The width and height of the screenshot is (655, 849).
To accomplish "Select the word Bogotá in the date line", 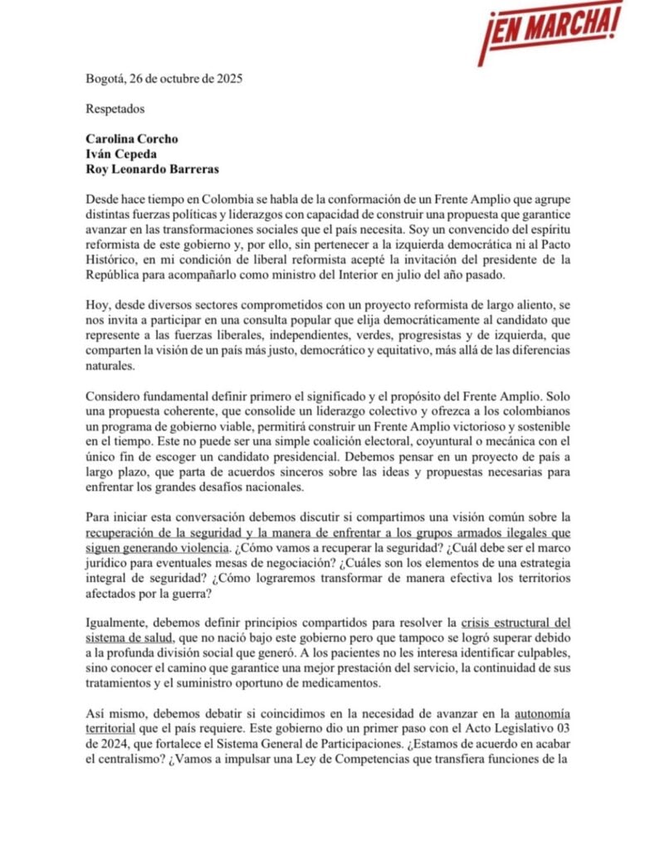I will [x=106, y=80].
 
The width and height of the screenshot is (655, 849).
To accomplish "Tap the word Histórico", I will [x=112, y=260].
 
